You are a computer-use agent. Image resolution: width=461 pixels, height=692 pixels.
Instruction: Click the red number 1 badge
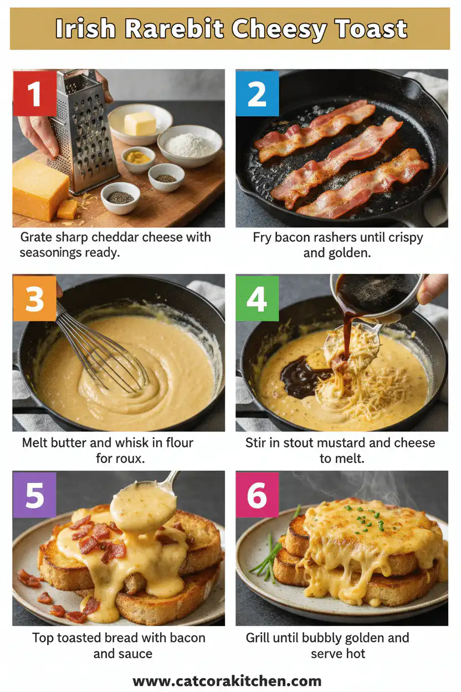coord(34,93)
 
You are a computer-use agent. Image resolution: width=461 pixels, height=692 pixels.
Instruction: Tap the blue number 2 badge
coord(257,93)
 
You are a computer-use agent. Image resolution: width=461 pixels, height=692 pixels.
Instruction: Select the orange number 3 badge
coord(34,298)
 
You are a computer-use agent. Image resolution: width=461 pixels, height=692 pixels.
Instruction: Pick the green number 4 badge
coord(257,298)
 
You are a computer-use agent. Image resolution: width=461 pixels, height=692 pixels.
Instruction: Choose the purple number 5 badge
coord(34,495)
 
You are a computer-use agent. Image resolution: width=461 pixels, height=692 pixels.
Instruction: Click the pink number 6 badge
coord(257,495)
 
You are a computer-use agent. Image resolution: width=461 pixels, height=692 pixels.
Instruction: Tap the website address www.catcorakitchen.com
coord(227,681)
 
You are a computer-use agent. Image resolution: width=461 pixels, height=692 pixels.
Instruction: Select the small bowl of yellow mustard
coord(138,159)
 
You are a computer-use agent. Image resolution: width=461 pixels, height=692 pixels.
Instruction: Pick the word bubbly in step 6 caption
coord(323,638)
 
